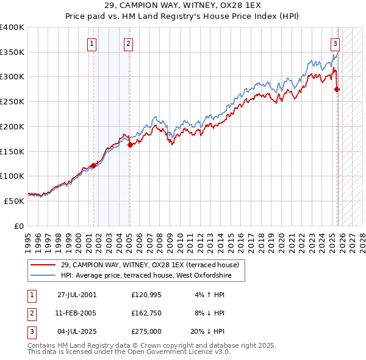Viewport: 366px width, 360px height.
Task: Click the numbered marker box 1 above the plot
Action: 91,43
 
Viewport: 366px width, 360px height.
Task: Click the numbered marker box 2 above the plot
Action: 129,43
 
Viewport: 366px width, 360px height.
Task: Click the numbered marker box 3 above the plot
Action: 335,43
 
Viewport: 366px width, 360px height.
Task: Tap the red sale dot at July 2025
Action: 337,90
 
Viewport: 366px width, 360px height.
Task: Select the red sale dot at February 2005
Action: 130,145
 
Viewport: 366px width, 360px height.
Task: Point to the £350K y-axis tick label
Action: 12,52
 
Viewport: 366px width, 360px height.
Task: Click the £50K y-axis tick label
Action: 14,201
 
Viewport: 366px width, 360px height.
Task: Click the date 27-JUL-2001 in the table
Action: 77,295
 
